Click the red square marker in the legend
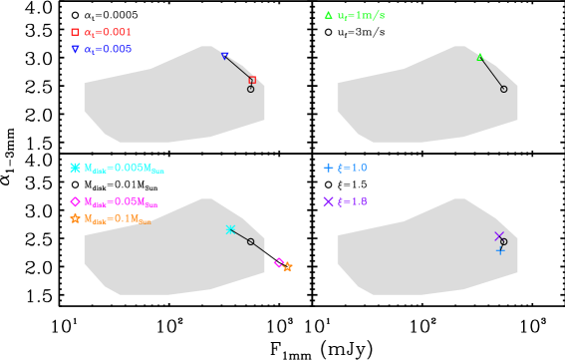coord(75,32)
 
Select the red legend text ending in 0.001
coord(108,32)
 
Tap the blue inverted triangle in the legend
coord(75,49)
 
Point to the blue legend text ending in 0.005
coord(108,49)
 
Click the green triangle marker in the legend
coord(328,15)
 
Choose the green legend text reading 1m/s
coord(361,15)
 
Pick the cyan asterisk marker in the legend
coord(75,168)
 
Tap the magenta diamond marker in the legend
coord(75,201)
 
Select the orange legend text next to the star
coord(118,218)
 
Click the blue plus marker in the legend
coord(328,168)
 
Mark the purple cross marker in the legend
coord(328,201)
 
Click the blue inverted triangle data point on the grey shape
coord(224,56)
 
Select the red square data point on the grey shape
coord(252,80)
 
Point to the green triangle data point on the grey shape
coord(479,57)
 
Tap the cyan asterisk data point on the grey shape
coord(230,229)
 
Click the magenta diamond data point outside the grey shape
coord(279,262)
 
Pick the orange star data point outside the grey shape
coord(288,267)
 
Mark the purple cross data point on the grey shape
coord(499,236)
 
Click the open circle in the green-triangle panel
coord(503,89)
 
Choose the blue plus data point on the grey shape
coord(500,250)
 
